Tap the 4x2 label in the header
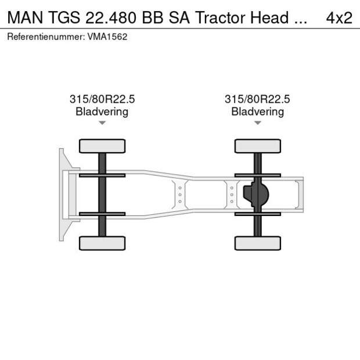pos(339,17)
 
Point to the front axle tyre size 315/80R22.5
pos(102,99)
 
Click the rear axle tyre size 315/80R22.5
pos(257,99)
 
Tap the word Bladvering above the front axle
pos(102,111)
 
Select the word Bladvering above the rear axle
pos(257,111)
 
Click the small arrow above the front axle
pos(102,123)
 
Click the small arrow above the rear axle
pos(257,123)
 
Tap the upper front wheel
pos(102,146)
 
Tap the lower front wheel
pos(102,243)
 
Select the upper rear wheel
pos(257,146)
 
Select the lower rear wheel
pos(257,243)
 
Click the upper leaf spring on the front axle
pos(102,175)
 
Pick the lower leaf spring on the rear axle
pos(257,214)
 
